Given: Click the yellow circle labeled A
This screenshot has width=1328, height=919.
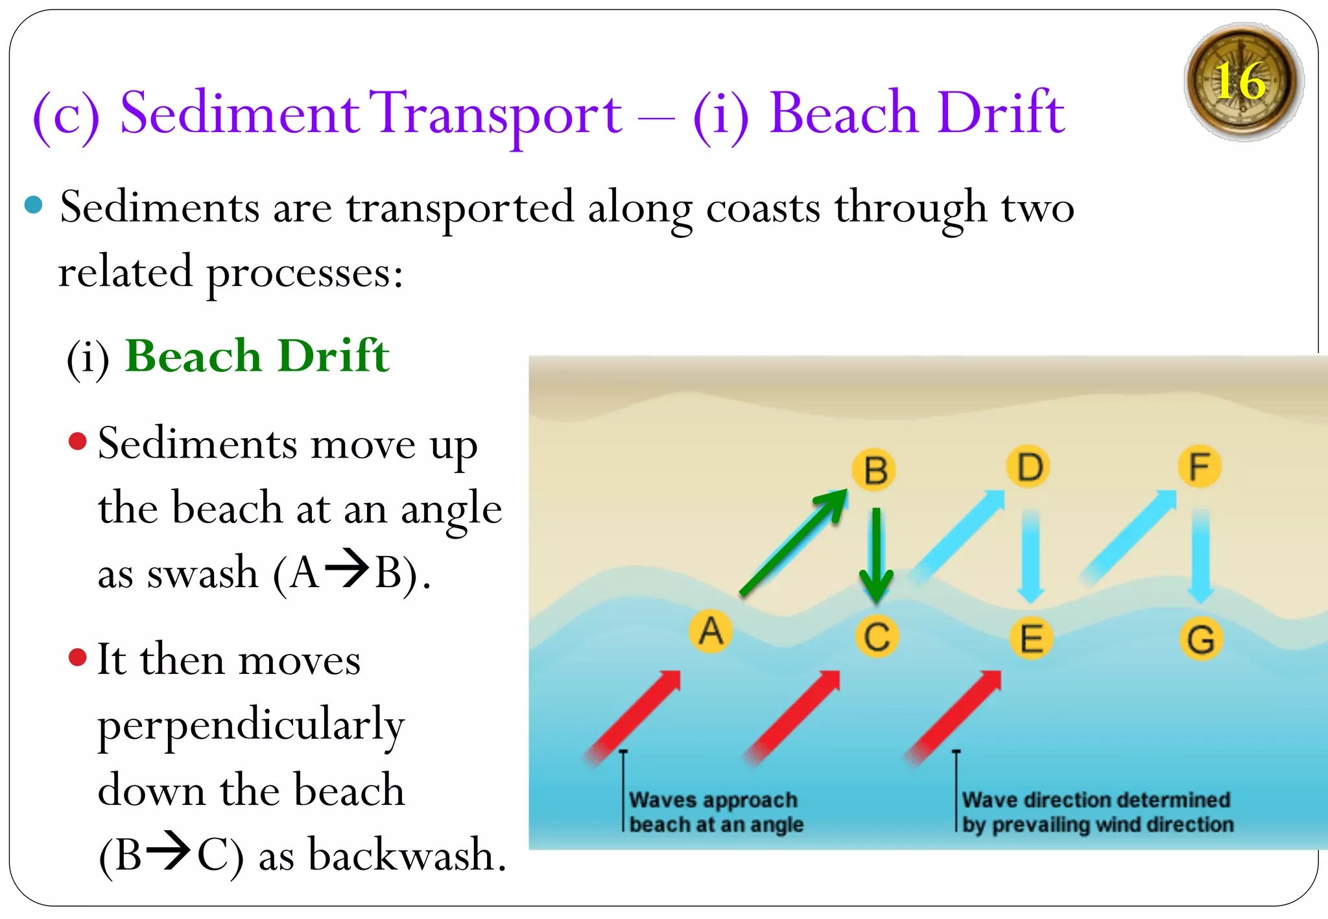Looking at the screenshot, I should (711, 631).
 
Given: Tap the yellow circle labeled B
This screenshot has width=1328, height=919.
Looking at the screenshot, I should (875, 470).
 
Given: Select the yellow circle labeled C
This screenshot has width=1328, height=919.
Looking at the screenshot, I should (877, 636).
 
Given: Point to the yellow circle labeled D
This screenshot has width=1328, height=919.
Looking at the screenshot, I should (1029, 467).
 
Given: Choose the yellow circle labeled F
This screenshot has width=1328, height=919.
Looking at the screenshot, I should (1200, 467).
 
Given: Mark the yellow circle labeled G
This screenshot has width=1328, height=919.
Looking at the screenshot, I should (1201, 639).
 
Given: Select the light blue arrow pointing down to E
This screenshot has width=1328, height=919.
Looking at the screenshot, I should (1030, 554).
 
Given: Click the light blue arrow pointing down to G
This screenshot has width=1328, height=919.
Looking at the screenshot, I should (1200, 554).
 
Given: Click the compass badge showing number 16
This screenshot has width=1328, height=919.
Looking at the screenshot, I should (1242, 82).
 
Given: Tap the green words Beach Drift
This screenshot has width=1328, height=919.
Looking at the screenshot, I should (257, 356).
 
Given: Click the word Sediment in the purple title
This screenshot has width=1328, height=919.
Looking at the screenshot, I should (239, 113).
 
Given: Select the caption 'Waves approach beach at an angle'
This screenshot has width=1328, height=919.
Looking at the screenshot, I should (715, 811).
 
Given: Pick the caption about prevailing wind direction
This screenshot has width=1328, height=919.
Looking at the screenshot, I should (1097, 811).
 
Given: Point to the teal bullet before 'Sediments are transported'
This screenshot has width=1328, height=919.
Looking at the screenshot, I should (33, 205).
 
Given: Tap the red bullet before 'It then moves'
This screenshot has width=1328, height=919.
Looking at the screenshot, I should (78, 657).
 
